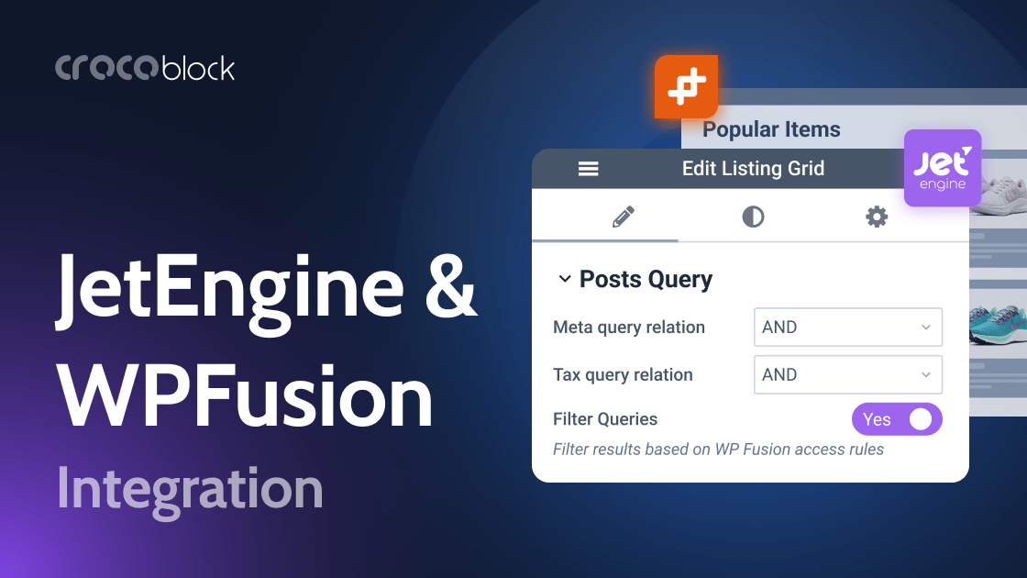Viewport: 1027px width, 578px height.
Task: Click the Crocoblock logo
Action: (x=145, y=68)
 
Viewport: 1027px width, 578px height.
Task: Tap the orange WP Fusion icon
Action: (x=686, y=87)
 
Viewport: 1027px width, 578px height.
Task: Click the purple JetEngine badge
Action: (x=943, y=168)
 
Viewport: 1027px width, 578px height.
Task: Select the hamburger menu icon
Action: (x=588, y=169)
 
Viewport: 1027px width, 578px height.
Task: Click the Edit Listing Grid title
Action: (x=753, y=169)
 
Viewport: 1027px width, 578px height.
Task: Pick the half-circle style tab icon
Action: (x=753, y=217)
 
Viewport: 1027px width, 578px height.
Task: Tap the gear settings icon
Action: (x=878, y=217)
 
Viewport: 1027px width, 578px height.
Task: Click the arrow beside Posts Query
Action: (x=565, y=279)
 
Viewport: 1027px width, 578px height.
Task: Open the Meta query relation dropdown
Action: (x=847, y=328)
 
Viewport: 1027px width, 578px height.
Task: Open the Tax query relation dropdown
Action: (x=847, y=374)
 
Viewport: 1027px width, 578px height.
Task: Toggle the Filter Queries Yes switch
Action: (x=896, y=419)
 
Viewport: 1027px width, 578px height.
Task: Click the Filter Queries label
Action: (x=605, y=419)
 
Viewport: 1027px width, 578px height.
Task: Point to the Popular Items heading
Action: (x=771, y=129)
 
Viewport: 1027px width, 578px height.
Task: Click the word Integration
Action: (x=190, y=489)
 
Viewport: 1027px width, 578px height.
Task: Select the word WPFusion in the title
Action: (x=246, y=395)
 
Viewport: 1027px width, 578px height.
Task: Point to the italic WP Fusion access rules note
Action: (x=718, y=450)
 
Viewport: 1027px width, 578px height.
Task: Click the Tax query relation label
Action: (x=623, y=374)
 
